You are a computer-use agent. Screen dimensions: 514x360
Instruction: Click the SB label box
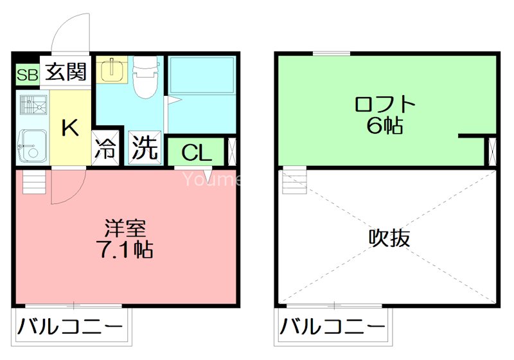click(x=27, y=75)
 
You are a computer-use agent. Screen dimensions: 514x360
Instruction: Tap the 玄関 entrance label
click(x=66, y=71)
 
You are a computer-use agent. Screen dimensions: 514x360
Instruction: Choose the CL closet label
click(x=196, y=152)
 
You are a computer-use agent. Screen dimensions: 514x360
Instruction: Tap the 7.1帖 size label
click(x=126, y=249)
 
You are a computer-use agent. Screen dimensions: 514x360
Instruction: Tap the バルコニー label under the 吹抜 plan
click(x=332, y=327)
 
